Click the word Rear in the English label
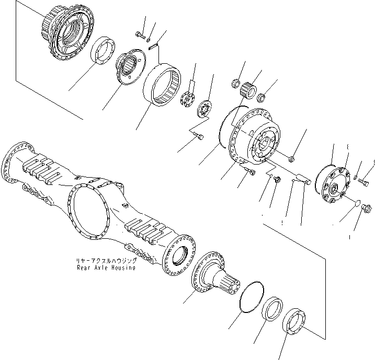click(83, 268)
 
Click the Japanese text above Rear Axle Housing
click(106, 261)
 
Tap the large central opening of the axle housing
click(89, 211)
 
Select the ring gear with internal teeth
click(163, 85)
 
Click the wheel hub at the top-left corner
click(67, 32)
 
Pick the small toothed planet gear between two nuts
click(248, 90)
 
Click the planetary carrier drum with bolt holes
click(254, 136)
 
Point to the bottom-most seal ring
click(294, 321)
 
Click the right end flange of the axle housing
click(179, 256)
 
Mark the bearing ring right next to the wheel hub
click(103, 51)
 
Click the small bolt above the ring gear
click(140, 36)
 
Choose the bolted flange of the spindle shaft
click(208, 272)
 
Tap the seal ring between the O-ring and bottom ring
click(272, 309)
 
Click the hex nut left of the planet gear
click(235, 84)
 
